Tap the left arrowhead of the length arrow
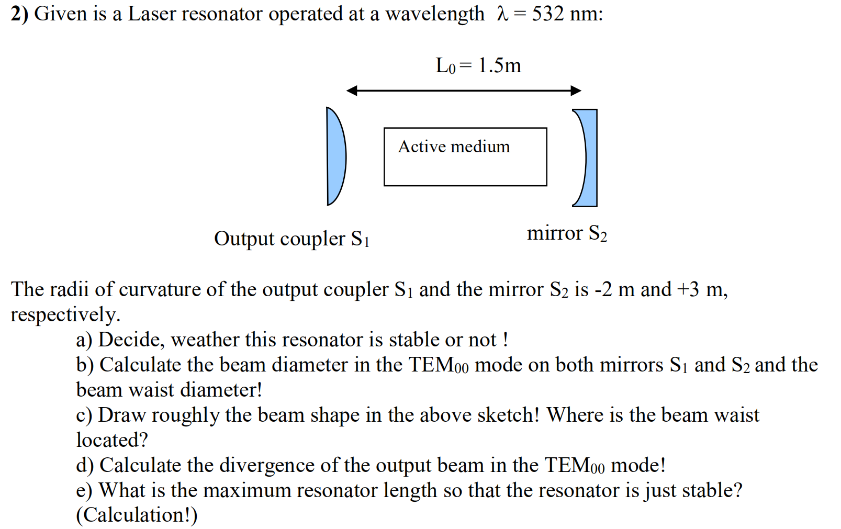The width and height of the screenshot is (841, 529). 351,91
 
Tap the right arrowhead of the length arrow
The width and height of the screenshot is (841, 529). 576,91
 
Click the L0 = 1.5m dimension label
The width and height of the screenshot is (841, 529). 478,66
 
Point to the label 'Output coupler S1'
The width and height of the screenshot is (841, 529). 291,239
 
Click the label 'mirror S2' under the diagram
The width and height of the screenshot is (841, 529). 567,233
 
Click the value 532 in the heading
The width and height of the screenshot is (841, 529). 548,14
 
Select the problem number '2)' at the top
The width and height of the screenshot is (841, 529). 19,14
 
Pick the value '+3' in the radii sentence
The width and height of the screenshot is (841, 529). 688,289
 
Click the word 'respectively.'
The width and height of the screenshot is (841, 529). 65,315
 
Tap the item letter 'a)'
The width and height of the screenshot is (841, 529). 84,340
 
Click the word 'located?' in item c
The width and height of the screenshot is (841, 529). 112,440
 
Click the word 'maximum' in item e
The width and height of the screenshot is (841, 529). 246,490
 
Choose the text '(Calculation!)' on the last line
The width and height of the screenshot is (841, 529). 137,515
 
